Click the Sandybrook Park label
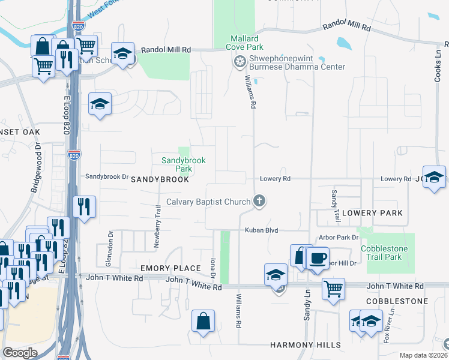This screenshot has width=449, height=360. pos(183,164)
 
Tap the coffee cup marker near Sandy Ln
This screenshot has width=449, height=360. pos(317,258)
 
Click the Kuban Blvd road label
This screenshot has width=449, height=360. pos(262,230)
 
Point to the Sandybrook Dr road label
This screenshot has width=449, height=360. pos(107,176)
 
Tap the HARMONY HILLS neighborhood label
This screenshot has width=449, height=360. pos(306,345)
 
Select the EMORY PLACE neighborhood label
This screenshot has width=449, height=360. pos(170,268)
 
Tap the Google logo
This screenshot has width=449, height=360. pos(20,353)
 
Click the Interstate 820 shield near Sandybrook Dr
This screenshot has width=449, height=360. pos(74,155)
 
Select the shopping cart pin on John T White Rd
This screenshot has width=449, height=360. pos(333,289)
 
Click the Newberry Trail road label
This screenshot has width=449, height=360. pos(159,219)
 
